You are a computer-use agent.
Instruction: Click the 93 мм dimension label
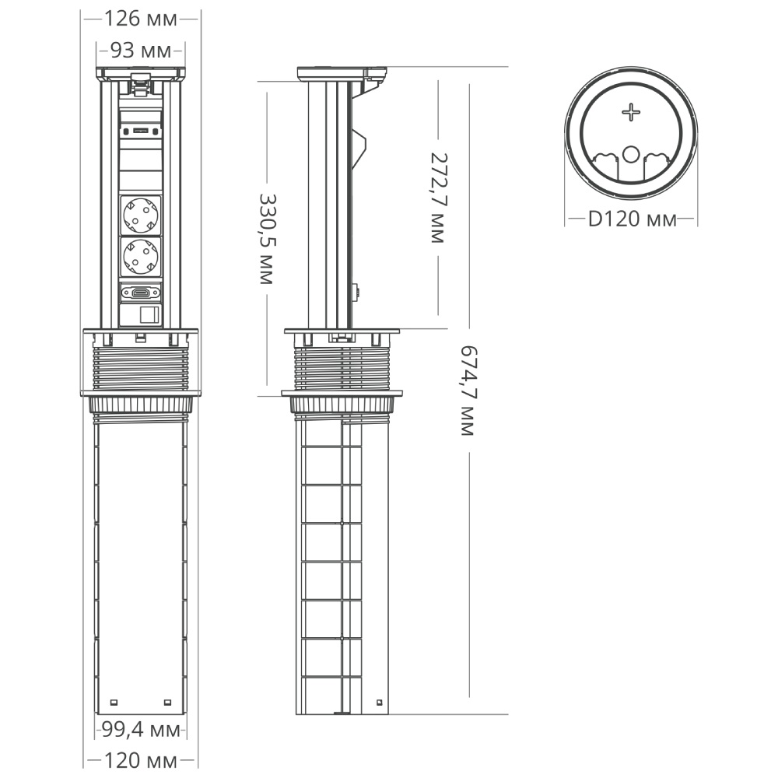click(141, 51)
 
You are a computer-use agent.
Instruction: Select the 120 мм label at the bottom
click(141, 760)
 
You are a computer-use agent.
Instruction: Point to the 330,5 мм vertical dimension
click(266, 240)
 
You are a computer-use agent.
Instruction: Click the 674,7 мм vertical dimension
click(467, 391)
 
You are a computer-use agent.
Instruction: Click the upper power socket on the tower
click(141, 214)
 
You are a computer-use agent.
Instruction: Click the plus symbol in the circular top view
click(631, 114)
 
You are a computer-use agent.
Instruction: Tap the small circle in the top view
click(632, 153)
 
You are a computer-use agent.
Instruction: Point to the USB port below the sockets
click(141, 293)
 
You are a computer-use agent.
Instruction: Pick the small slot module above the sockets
click(141, 131)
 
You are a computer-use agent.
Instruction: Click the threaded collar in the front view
click(141, 366)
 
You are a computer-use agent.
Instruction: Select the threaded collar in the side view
click(342, 365)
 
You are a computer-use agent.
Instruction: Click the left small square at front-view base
click(114, 703)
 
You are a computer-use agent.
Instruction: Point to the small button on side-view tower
click(359, 293)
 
